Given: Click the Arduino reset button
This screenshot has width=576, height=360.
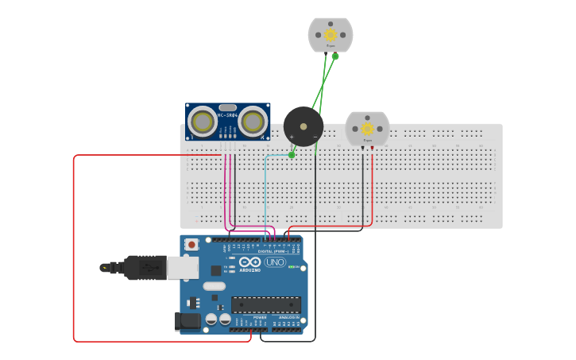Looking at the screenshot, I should tap(191, 245).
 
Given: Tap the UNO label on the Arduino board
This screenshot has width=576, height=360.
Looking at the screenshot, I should tap(275, 262).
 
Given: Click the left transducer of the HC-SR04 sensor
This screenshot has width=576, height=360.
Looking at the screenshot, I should tap(203, 122).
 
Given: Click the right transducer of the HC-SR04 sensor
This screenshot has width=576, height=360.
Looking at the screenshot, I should tap(253, 122).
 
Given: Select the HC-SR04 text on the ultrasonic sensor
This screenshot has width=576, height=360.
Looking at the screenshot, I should tap(227, 115).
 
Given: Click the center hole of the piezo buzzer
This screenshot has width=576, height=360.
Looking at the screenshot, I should tap(303, 126).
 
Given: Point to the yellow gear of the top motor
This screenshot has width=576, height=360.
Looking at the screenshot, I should tap(331, 35).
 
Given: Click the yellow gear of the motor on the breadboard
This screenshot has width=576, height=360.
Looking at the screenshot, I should tap(367, 129).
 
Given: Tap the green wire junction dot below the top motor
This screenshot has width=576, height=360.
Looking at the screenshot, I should tap(335, 56).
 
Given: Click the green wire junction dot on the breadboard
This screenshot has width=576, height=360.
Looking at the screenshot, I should tap(292, 155).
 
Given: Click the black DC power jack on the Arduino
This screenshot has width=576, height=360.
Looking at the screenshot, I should tap(187, 321).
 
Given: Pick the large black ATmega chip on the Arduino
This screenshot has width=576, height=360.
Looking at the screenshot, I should tap(266, 304).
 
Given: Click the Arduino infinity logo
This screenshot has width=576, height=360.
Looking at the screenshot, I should tap(249, 262).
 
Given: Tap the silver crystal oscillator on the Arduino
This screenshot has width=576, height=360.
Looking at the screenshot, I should tap(214, 285).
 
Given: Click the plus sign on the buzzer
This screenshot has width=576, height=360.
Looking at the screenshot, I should tap(292, 137).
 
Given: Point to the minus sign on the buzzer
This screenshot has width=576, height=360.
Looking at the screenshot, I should tap(315, 137).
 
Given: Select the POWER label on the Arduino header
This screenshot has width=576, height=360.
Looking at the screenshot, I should tap(260, 318).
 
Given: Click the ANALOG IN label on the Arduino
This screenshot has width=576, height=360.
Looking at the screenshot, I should tap(288, 318).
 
